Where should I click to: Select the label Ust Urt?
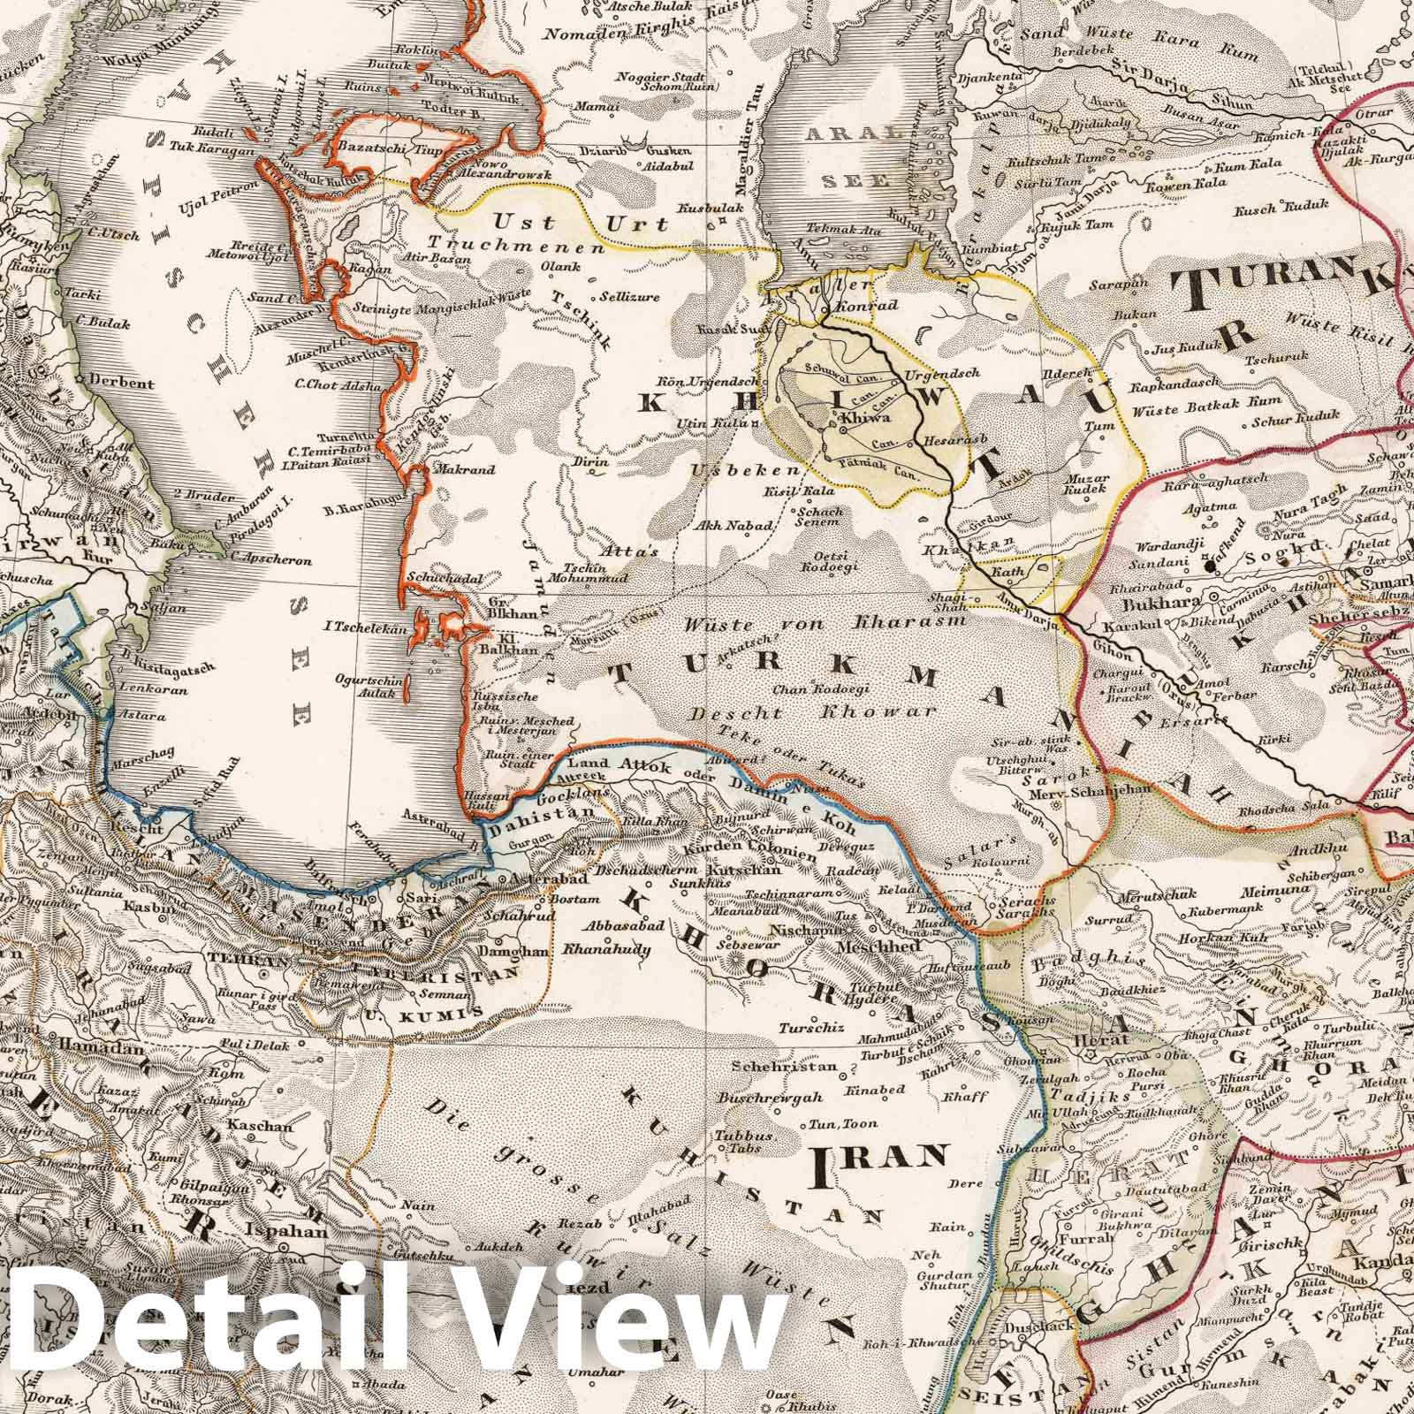[529, 222]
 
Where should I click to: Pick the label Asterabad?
[539, 881]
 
